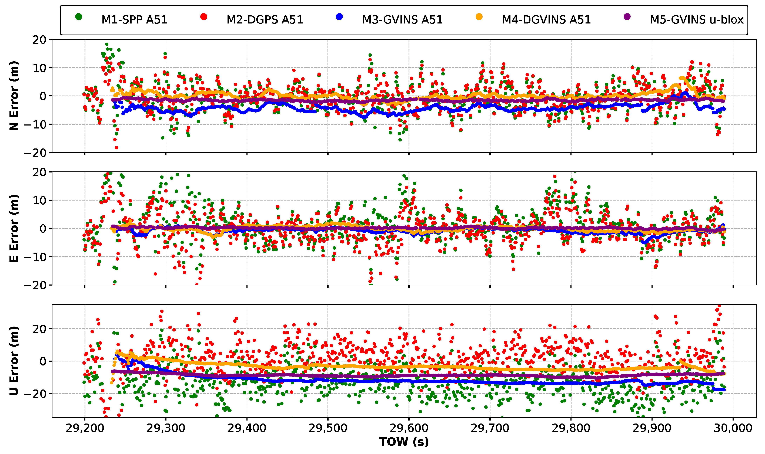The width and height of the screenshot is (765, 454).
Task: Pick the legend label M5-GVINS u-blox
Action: pyautogui.click(x=696, y=20)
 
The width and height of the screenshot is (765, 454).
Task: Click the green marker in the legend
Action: pyautogui.click(x=79, y=17)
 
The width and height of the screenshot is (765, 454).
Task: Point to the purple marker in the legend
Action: pyautogui.click(x=627, y=17)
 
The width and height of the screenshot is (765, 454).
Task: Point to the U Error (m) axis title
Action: pyautogui.click(x=14, y=361)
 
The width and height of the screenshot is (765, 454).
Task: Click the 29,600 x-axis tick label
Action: pyautogui.click(x=409, y=428)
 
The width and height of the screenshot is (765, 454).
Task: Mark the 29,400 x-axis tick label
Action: pyautogui.click(x=247, y=428)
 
